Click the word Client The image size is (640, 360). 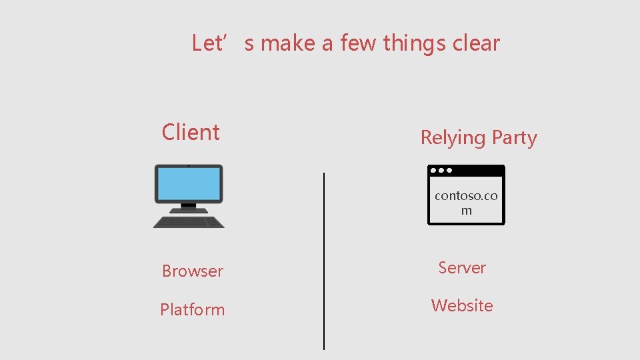coord(191,132)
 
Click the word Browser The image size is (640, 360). coord(193,271)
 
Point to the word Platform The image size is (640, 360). coord(193,309)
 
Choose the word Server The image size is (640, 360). coord(462,267)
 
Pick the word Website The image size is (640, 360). coord(462,305)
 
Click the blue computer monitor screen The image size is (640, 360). coord(189,183)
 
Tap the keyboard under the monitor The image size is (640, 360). coord(189,221)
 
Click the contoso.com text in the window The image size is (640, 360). coord(466,196)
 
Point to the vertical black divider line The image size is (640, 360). coord(324,260)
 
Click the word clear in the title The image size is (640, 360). coord(476,43)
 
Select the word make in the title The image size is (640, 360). coord(288,43)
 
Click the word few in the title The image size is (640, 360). coord(354,43)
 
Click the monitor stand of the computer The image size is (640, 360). coord(189,207)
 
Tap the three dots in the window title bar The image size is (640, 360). coord(441,171)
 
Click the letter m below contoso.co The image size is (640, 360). coord(466,211)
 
